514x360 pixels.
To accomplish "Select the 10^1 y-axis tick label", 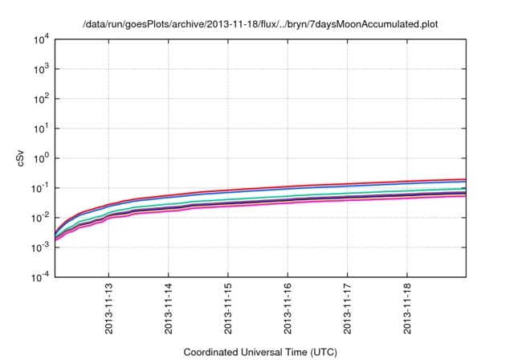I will click(41, 129).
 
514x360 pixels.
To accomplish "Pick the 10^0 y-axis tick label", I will click(41, 158).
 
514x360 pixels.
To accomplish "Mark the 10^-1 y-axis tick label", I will click(40, 188).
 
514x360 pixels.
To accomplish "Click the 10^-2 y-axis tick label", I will click(40, 218).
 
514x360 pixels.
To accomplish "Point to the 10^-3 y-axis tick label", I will click(40, 247).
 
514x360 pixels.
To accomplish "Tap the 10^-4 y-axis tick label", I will click(40, 277).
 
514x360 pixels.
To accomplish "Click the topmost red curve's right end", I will click(465, 179).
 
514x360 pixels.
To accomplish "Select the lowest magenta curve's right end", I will click(465, 196).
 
